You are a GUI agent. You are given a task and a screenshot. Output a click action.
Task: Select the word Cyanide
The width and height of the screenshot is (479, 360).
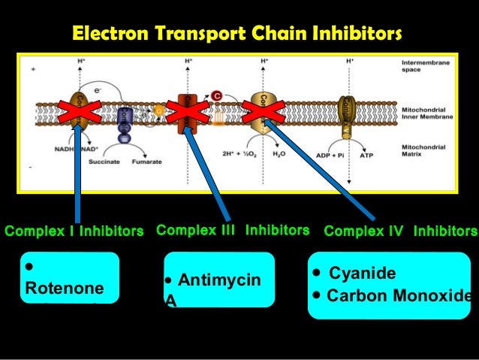tap(362, 273)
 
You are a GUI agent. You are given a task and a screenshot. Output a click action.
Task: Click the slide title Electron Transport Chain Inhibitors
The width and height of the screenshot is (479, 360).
tap(236, 34)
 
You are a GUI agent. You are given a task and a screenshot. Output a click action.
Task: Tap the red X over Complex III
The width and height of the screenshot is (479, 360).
tap(185, 113)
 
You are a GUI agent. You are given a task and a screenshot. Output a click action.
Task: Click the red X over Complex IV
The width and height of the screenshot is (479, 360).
tap(264, 113)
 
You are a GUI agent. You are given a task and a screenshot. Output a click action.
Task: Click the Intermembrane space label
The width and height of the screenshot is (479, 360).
tap(426, 66)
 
